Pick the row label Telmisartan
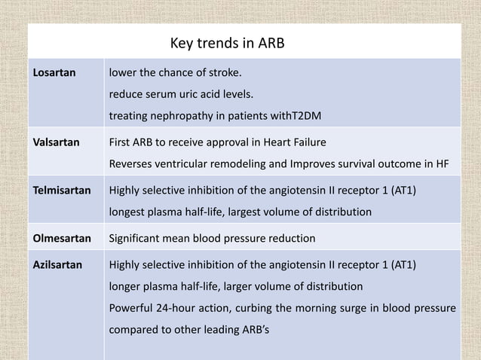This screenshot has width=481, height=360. click(x=57, y=191)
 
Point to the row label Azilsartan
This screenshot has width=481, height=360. click(x=54, y=266)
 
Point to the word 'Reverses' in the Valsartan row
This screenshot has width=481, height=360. click(x=133, y=163)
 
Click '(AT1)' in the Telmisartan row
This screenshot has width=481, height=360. click(x=397, y=191)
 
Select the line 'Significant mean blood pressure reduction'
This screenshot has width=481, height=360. click(x=213, y=239)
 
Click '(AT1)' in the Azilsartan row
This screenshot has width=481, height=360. click(x=397, y=266)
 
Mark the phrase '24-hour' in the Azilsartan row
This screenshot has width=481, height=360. click(x=179, y=308)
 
